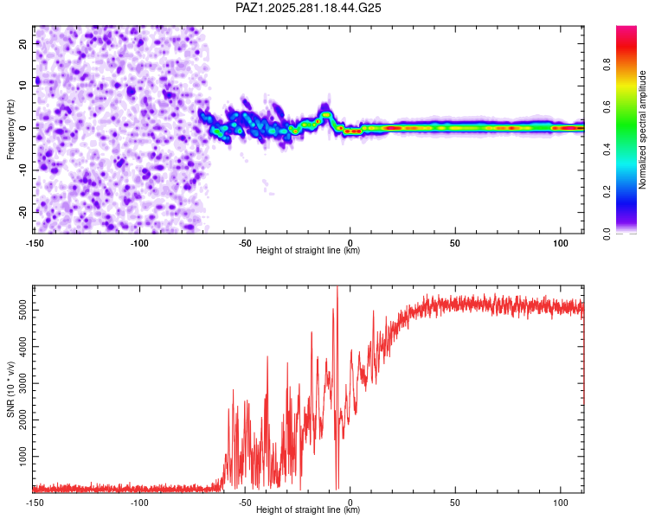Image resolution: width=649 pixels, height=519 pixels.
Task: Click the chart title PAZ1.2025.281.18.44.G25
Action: click(309, 8)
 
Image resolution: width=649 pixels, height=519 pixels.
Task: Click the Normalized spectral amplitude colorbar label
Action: click(643, 130)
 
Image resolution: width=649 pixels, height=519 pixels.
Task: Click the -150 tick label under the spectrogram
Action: click(35, 243)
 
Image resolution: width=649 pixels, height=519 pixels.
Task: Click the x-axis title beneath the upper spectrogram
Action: click(308, 251)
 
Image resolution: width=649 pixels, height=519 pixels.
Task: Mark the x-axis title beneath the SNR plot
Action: click(308, 510)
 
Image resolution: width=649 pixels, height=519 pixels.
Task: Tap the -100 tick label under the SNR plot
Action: click(140, 503)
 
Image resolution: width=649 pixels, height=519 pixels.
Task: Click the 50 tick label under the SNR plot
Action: click(455, 503)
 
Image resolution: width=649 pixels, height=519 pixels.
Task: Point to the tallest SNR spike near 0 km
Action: click(337, 289)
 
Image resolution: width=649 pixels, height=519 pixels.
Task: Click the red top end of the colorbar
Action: click(626, 30)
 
